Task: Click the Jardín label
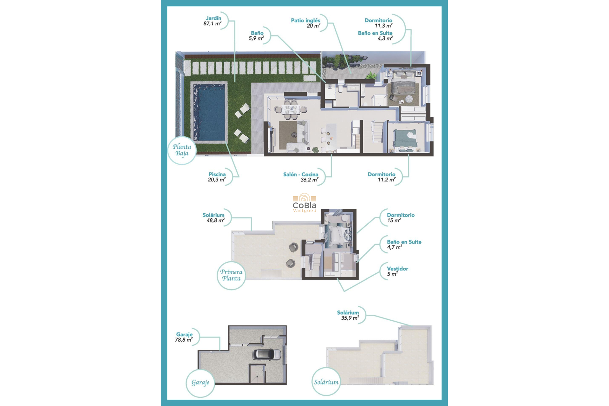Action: click(213, 18)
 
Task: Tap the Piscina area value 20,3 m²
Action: click(217, 180)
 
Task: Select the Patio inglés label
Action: click(305, 21)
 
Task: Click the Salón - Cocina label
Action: click(300, 174)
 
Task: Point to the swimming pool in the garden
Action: click(209, 112)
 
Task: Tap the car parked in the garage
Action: click(267, 354)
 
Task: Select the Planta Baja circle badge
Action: click(182, 150)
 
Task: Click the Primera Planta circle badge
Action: click(231, 275)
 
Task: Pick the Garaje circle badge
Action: click(200, 383)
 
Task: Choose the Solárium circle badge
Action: click(326, 382)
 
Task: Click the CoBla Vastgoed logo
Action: click(304, 203)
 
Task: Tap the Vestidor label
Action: click(397, 269)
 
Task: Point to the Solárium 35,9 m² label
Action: click(348, 315)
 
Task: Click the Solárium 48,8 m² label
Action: click(213, 218)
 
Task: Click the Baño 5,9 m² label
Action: click(257, 36)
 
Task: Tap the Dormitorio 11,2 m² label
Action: click(382, 177)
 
